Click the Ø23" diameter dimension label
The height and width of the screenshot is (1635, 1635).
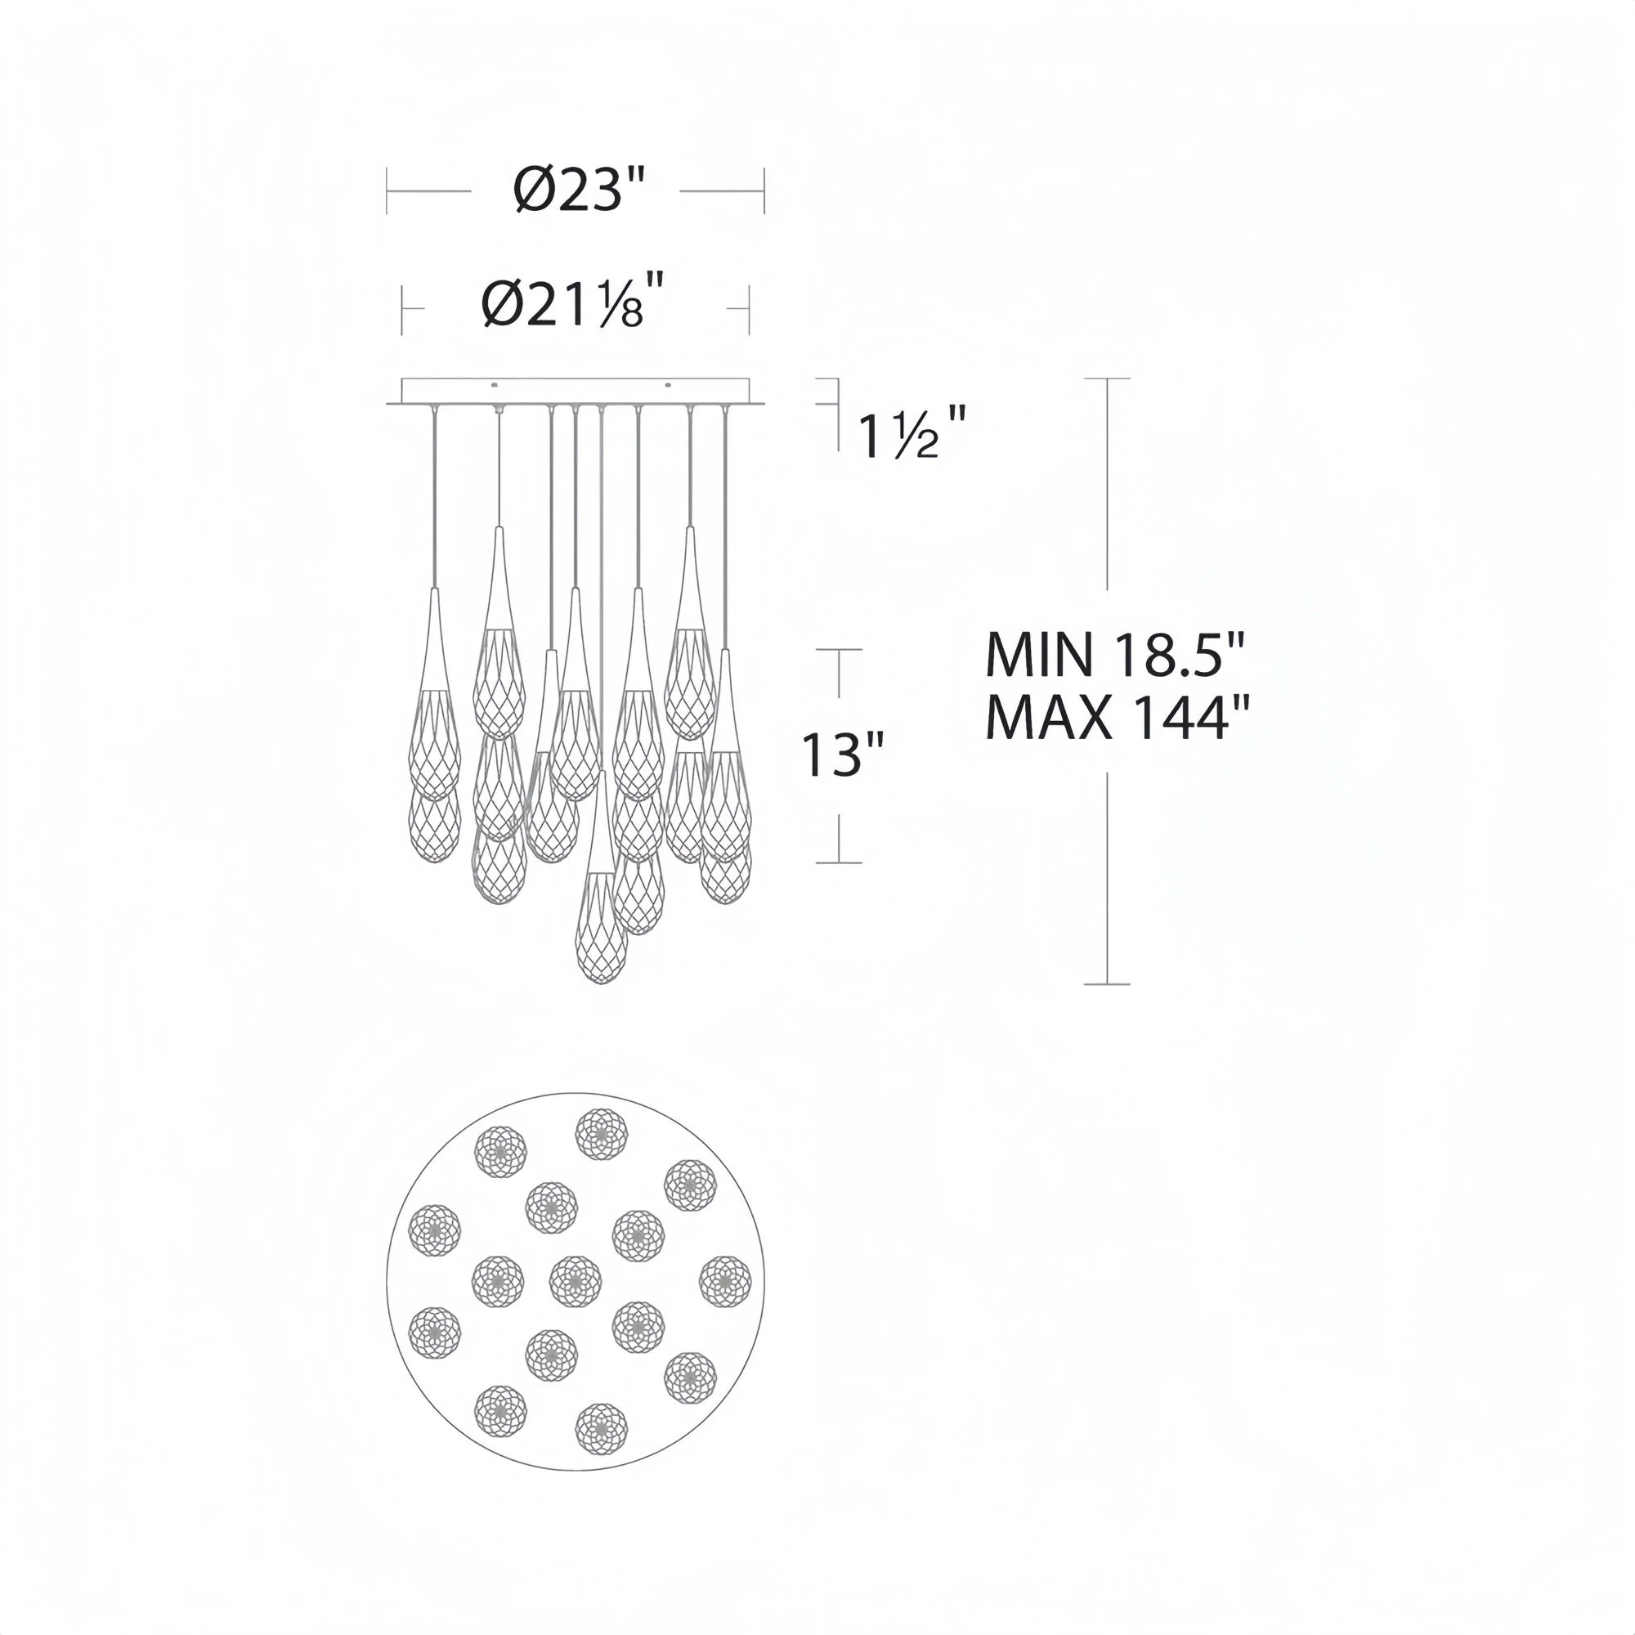(579, 190)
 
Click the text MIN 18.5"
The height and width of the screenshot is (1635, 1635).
(1115, 654)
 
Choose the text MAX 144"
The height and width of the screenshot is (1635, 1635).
(1117, 719)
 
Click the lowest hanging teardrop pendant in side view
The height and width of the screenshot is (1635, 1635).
(601, 931)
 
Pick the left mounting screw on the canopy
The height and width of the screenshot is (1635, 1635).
(495, 386)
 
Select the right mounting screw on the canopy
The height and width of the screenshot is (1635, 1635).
(668, 386)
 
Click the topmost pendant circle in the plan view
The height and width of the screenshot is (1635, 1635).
(602, 1135)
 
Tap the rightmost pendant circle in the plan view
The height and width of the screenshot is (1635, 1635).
(725, 1282)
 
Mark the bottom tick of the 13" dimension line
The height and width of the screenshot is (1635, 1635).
(839, 862)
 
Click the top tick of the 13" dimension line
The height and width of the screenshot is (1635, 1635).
(839, 650)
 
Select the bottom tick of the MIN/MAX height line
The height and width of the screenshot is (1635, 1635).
(1107, 984)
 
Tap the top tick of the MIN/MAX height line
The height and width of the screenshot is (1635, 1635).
(1107, 379)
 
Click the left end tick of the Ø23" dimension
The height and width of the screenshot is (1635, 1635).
(387, 190)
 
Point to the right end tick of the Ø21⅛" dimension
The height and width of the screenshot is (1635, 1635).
(749, 310)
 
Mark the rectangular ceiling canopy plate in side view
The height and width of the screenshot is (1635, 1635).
(576, 391)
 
